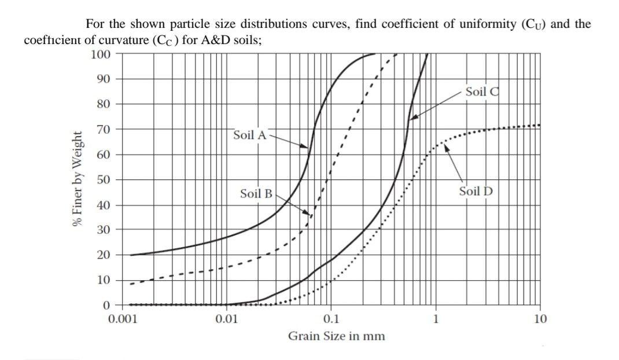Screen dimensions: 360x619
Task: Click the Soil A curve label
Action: [x=250, y=135]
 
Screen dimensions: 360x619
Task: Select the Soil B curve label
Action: [x=256, y=193]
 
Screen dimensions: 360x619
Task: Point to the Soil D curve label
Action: [x=476, y=191]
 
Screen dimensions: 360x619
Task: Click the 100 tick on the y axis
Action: [x=101, y=54]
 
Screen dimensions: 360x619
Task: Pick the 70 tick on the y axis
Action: [x=104, y=130]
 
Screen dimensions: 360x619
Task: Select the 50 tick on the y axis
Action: [x=104, y=180]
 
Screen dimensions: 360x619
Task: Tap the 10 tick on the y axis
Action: [x=104, y=280]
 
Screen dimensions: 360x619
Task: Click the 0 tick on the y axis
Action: [x=106, y=305]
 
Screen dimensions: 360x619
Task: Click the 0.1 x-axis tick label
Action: [x=331, y=318]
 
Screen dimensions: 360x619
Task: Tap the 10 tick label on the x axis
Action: [x=540, y=318]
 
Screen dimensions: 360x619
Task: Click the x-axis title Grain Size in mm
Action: [x=337, y=336]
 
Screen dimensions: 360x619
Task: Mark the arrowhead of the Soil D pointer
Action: [x=445, y=146]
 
